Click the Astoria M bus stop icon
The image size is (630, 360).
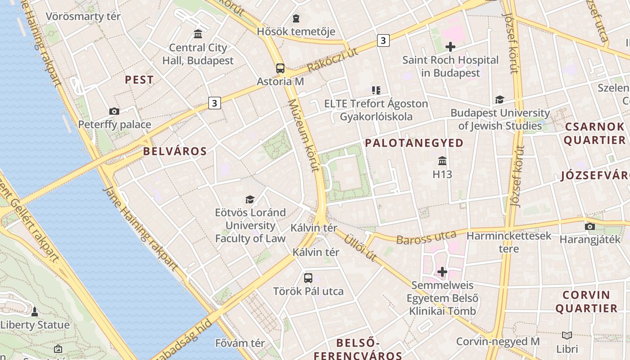(280, 68)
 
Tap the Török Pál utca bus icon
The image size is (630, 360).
(308, 278)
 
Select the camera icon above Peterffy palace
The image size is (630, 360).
(114, 111)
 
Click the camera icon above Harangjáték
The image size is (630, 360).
(589, 226)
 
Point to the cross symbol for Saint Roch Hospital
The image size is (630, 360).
(450, 46)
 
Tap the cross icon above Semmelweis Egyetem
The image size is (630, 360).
(442, 272)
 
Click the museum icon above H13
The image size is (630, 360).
(442, 161)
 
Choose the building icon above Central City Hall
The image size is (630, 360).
(198, 34)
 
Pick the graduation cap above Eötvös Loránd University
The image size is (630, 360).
(250, 199)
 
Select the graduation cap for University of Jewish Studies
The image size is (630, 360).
(499, 100)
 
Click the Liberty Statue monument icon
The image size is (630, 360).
(35, 311)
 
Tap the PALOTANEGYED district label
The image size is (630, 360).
(414, 143)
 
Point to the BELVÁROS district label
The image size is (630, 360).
(175, 151)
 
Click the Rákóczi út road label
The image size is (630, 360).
(333, 59)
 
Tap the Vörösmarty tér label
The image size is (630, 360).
(83, 17)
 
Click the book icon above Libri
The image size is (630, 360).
(567, 335)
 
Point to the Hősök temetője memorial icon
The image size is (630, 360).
(296, 18)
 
